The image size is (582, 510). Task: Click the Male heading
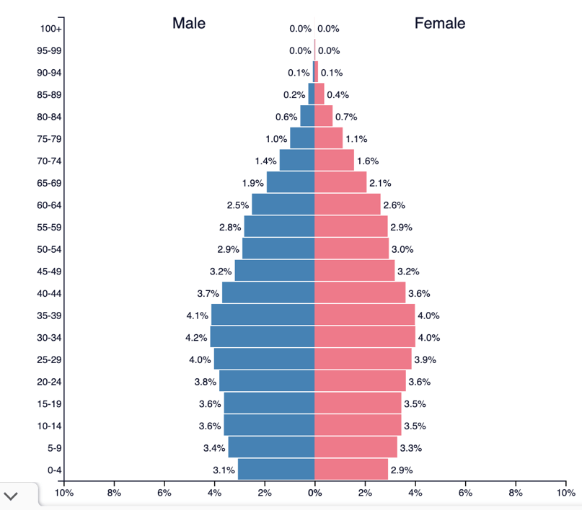click(x=188, y=23)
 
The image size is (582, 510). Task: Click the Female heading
click(x=440, y=23)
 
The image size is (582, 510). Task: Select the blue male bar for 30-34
click(x=263, y=337)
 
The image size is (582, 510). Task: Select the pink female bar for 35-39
click(x=364, y=315)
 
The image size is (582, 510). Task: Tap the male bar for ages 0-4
click(x=276, y=470)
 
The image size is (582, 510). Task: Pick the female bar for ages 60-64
click(x=347, y=205)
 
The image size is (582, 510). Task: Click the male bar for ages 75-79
click(x=302, y=138)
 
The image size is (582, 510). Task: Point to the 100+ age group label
click(x=51, y=29)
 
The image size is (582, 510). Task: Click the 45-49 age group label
click(x=49, y=272)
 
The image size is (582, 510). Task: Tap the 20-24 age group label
click(x=49, y=382)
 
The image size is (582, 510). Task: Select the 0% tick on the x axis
click(x=314, y=493)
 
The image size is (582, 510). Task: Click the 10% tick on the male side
click(x=64, y=493)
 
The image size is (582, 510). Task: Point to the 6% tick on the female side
click(x=465, y=493)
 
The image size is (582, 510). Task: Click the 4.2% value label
click(x=196, y=337)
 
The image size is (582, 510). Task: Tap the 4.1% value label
click(x=197, y=316)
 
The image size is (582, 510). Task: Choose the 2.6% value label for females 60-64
click(x=394, y=205)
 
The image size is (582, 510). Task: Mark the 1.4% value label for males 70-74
click(x=265, y=161)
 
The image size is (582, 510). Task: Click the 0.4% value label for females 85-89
click(x=338, y=94)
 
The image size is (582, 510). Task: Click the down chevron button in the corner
click(x=12, y=496)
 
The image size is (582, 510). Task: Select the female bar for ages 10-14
click(x=357, y=425)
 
